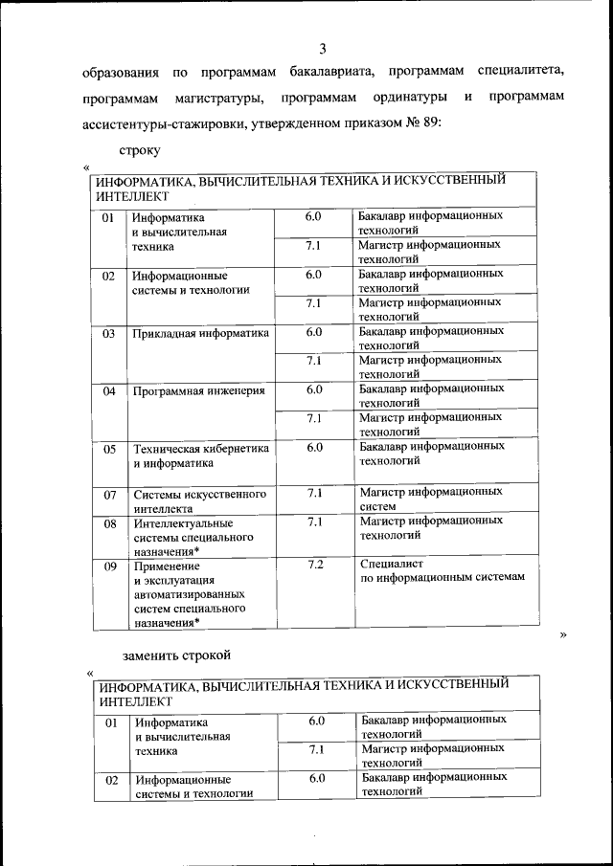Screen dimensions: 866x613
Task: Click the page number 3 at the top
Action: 323,48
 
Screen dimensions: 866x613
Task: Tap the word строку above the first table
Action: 140,151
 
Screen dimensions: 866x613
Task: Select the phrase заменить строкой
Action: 178,655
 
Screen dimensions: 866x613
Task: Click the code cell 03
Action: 109,334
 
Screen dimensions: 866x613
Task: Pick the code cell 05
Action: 109,449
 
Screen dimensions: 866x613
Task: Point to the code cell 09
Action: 109,566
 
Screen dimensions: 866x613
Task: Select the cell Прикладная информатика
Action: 200,334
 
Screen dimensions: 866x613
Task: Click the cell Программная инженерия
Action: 198,391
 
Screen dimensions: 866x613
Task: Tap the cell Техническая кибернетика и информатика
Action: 200,456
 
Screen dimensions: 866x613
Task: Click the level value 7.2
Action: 313,565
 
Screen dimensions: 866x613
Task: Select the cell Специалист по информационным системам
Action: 443,571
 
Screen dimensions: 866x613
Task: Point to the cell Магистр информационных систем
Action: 430,499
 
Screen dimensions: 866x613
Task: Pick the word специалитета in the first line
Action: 518,72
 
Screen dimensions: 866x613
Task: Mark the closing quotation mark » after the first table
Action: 564,634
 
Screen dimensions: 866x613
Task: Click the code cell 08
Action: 109,524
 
